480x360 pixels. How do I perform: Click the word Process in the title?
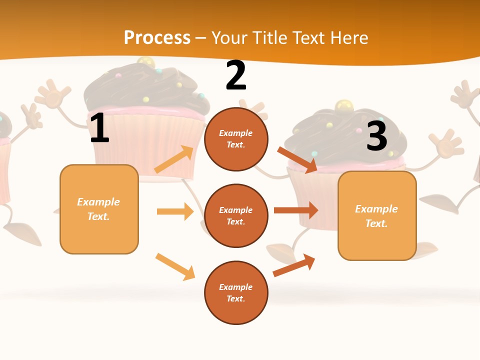[157, 38]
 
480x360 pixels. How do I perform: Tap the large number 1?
[99, 128]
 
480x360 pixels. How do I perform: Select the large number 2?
[236, 76]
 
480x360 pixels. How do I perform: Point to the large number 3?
[377, 136]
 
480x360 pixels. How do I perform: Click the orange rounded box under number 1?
[99, 209]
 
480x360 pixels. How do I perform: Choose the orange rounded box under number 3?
[377, 215]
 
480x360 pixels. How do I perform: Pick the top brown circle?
[236, 139]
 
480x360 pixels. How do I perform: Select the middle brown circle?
[236, 215]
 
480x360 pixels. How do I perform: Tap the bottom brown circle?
[236, 292]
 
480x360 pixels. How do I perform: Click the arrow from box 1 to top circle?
[174, 159]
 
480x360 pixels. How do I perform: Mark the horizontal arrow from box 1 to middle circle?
[175, 211]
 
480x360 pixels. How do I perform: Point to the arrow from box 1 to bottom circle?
[175, 266]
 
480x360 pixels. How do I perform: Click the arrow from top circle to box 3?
[297, 159]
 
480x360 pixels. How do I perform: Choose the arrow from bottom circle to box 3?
[294, 265]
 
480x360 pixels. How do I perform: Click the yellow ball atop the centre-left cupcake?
[145, 62]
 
